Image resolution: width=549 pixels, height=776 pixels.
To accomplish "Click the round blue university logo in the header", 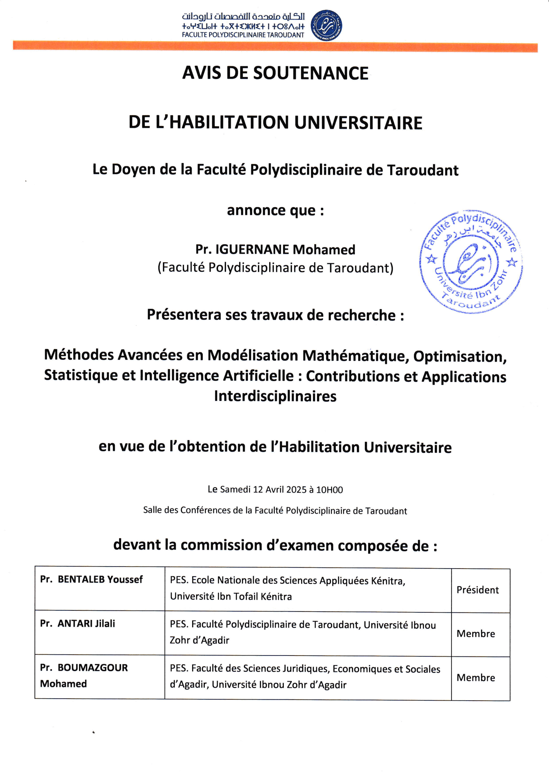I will tap(326, 26).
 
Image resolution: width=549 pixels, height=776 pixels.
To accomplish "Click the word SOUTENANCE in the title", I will tap(311, 73).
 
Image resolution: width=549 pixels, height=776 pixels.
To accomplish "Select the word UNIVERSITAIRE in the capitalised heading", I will tap(358, 123).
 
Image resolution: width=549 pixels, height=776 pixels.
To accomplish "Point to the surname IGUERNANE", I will tap(252, 250).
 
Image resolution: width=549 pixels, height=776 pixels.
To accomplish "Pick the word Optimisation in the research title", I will tap(460, 356).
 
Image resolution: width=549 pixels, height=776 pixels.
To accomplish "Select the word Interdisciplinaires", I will tap(275, 396).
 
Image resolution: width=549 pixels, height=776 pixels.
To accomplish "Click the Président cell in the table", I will tap(477, 590).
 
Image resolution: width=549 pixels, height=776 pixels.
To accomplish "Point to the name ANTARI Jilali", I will tap(86, 623).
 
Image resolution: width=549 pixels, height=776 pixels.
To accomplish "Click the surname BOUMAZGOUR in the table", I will tap(93, 667).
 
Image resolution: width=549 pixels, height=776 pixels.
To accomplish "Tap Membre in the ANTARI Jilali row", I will tap(476, 634).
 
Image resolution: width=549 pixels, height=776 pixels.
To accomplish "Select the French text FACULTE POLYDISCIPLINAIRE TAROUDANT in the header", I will tap(243, 35).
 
